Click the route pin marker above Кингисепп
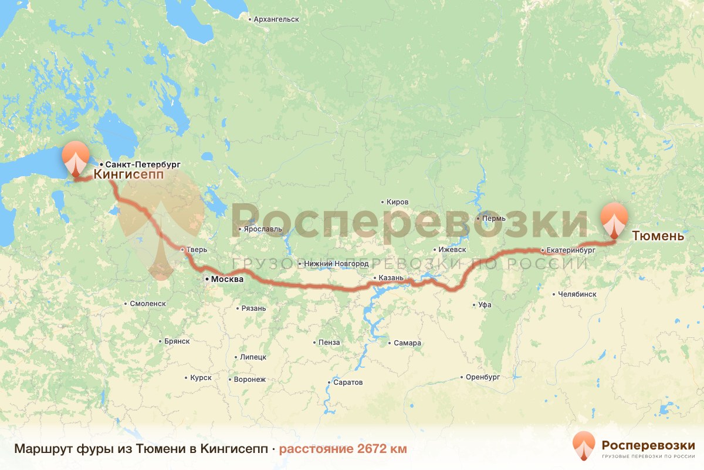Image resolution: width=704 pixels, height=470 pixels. click(x=76, y=157)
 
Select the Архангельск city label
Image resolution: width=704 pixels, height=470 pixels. click(x=276, y=19)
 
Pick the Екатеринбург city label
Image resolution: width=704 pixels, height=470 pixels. click(x=570, y=250)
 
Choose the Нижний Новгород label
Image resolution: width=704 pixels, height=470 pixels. click(x=336, y=264)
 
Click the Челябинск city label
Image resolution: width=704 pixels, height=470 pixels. click(x=577, y=294)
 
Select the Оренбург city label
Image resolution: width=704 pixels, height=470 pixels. click(x=483, y=377)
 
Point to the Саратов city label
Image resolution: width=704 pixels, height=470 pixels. click(x=348, y=382)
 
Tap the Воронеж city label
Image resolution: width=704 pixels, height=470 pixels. click(x=249, y=380)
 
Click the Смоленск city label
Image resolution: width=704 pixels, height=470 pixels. click(x=147, y=304)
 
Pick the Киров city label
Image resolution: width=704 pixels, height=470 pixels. click(x=397, y=202)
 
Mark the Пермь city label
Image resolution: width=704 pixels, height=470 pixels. click(x=493, y=219)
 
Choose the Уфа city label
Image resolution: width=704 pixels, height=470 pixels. click(x=485, y=305)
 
